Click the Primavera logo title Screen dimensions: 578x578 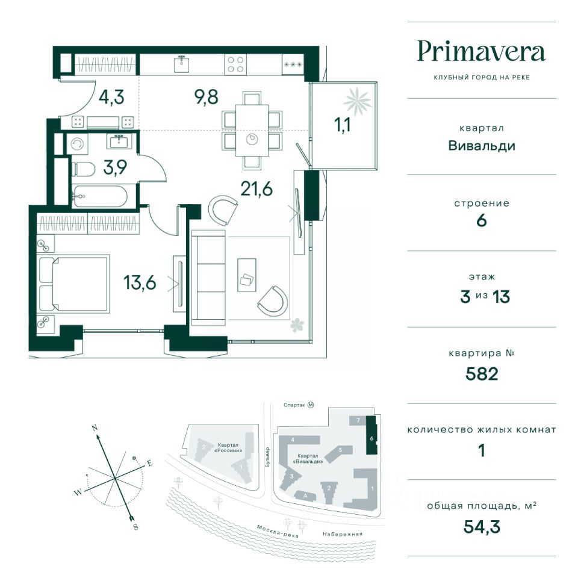click(x=481, y=52)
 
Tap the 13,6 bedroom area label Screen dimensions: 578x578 click(x=140, y=283)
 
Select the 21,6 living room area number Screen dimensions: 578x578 click(x=256, y=188)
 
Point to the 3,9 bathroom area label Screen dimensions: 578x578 click(x=115, y=167)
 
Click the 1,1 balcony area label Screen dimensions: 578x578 click(x=342, y=125)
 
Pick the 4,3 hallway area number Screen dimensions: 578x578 click(x=111, y=98)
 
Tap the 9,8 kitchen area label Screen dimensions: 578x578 click(x=207, y=97)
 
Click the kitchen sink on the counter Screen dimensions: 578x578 click(x=182, y=64)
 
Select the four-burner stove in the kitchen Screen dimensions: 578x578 click(x=235, y=64)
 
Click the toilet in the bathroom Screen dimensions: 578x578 click(x=84, y=169)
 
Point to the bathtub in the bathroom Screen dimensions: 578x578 click(x=100, y=196)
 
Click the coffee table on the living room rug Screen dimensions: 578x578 click(x=247, y=275)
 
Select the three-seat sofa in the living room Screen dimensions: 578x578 click(x=208, y=278)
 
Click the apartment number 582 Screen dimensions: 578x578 click(x=482, y=374)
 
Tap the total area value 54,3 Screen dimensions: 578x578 click(x=482, y=526)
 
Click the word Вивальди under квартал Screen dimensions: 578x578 click(x=482, y=146)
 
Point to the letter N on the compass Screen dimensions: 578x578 click(x=95, y=428)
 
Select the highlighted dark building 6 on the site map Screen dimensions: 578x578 click(x=371, y=435)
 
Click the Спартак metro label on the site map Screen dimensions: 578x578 click(x=294, y=405)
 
